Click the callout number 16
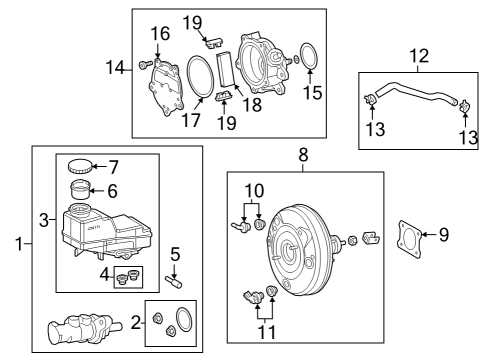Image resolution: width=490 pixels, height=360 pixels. [161, 35]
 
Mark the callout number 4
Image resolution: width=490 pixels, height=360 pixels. [105, 272]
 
